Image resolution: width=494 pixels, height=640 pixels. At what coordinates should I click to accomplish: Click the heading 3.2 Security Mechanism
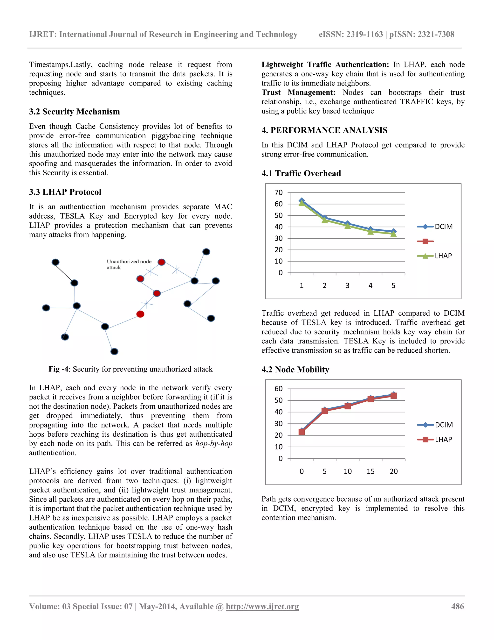point(74,112)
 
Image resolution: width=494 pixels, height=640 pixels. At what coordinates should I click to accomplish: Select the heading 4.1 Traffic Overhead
point(301,173)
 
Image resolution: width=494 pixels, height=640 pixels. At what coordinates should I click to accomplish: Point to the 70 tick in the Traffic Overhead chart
point(279,192)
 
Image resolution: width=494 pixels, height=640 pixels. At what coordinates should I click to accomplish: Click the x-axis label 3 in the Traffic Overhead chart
point(347,285)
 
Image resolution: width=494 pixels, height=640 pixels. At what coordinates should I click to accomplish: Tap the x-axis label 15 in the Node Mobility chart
point(370,471)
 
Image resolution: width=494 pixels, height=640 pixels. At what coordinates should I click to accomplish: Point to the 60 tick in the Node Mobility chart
point(279,389)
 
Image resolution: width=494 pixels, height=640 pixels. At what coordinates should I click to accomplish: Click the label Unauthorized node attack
point(129,264)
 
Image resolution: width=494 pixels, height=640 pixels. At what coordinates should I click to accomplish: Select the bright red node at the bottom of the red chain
point(140,314)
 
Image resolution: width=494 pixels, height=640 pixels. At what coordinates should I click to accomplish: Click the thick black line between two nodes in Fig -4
point(65,272)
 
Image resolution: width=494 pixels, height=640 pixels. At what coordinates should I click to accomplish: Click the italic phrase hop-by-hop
point(214,444)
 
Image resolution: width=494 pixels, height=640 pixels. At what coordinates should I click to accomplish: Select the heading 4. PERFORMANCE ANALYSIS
point(324,130)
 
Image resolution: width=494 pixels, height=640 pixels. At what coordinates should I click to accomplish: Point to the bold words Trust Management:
point(298,92)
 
